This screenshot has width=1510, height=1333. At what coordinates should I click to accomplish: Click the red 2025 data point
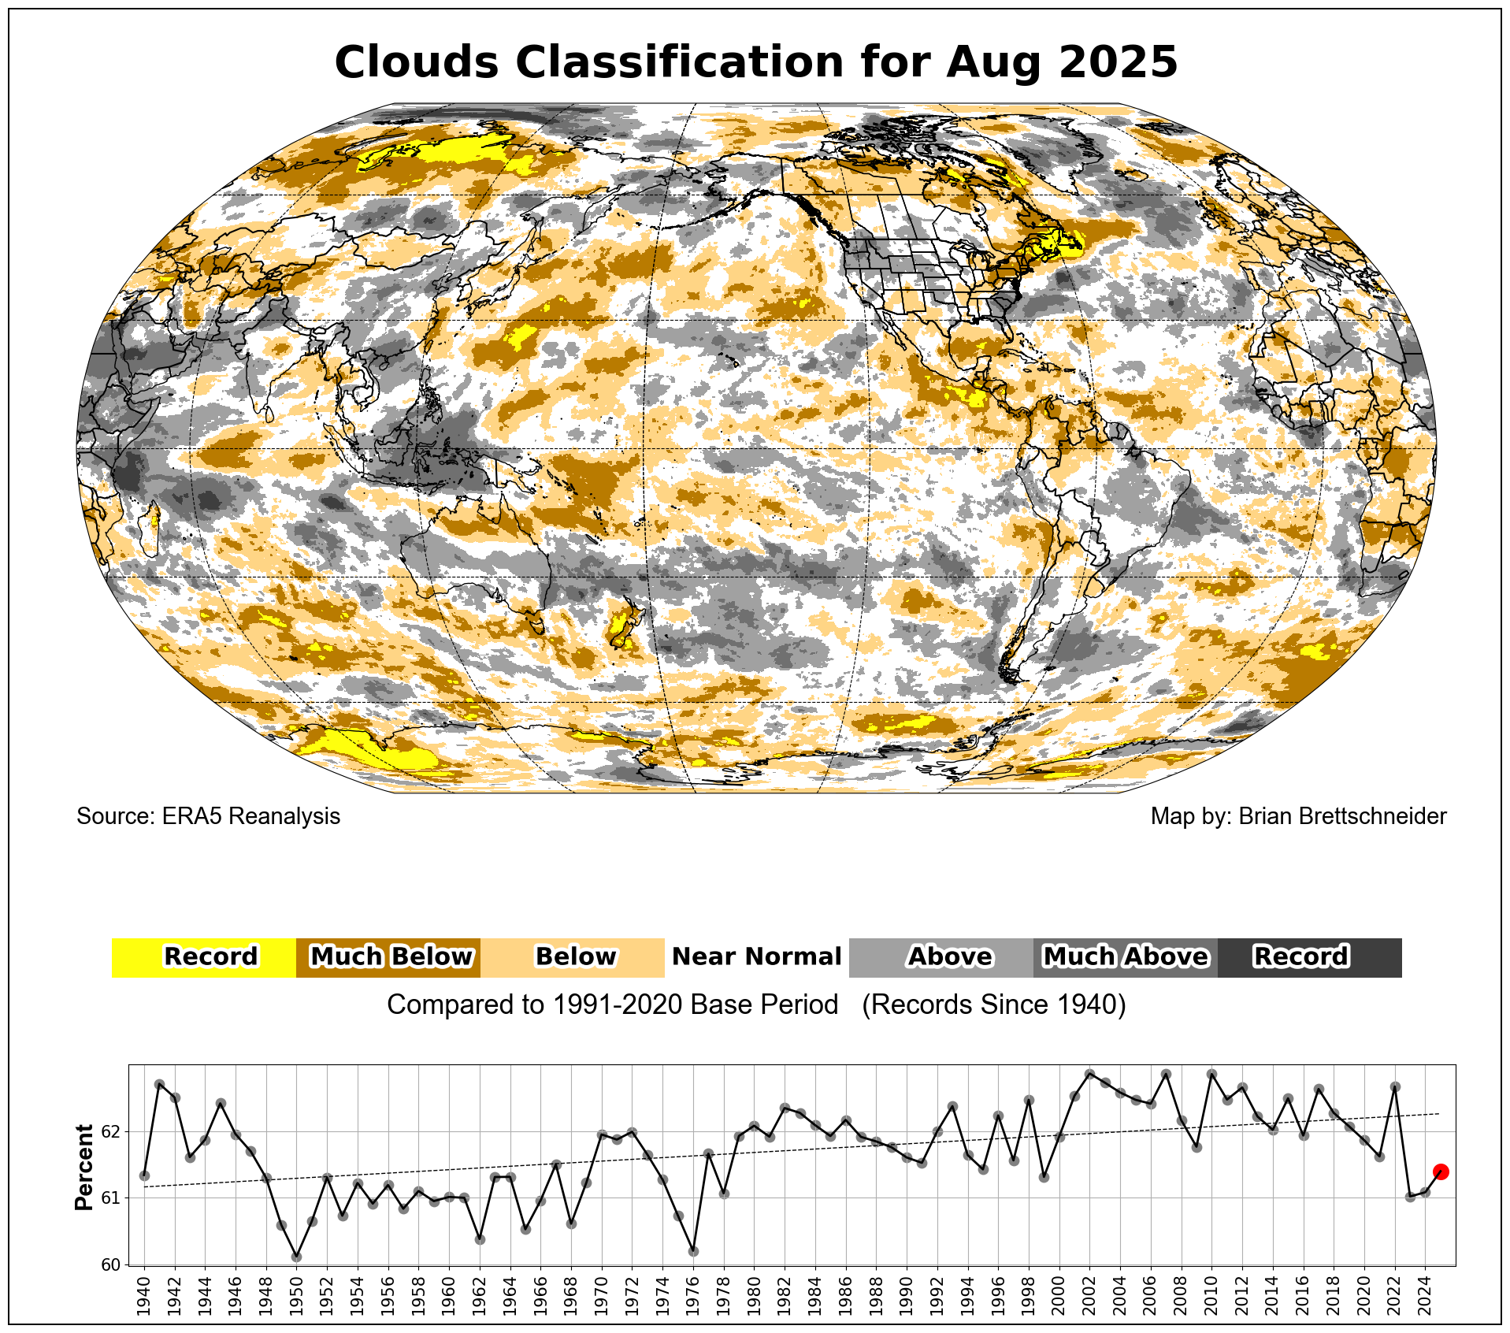1441,1171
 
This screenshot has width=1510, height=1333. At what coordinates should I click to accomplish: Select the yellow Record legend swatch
203,957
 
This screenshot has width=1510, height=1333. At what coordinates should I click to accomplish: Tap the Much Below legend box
388,957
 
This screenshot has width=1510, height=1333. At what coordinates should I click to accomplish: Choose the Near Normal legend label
756,957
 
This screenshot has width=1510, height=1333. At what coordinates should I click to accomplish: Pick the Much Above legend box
1125,957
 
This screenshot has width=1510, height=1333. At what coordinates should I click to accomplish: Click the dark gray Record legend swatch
1309,957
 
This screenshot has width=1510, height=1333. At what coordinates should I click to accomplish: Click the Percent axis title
83,1167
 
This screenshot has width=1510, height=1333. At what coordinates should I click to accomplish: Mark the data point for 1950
296,1257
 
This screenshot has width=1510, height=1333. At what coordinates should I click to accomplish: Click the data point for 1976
693,1251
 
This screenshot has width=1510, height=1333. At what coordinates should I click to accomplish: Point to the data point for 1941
159,1084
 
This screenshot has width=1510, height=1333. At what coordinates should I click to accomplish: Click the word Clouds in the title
416,62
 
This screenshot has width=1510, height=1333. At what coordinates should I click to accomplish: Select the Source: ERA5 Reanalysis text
208,816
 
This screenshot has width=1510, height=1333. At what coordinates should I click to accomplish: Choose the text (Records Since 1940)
994,1005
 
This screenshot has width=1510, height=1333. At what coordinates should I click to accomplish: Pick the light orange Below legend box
573,957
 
